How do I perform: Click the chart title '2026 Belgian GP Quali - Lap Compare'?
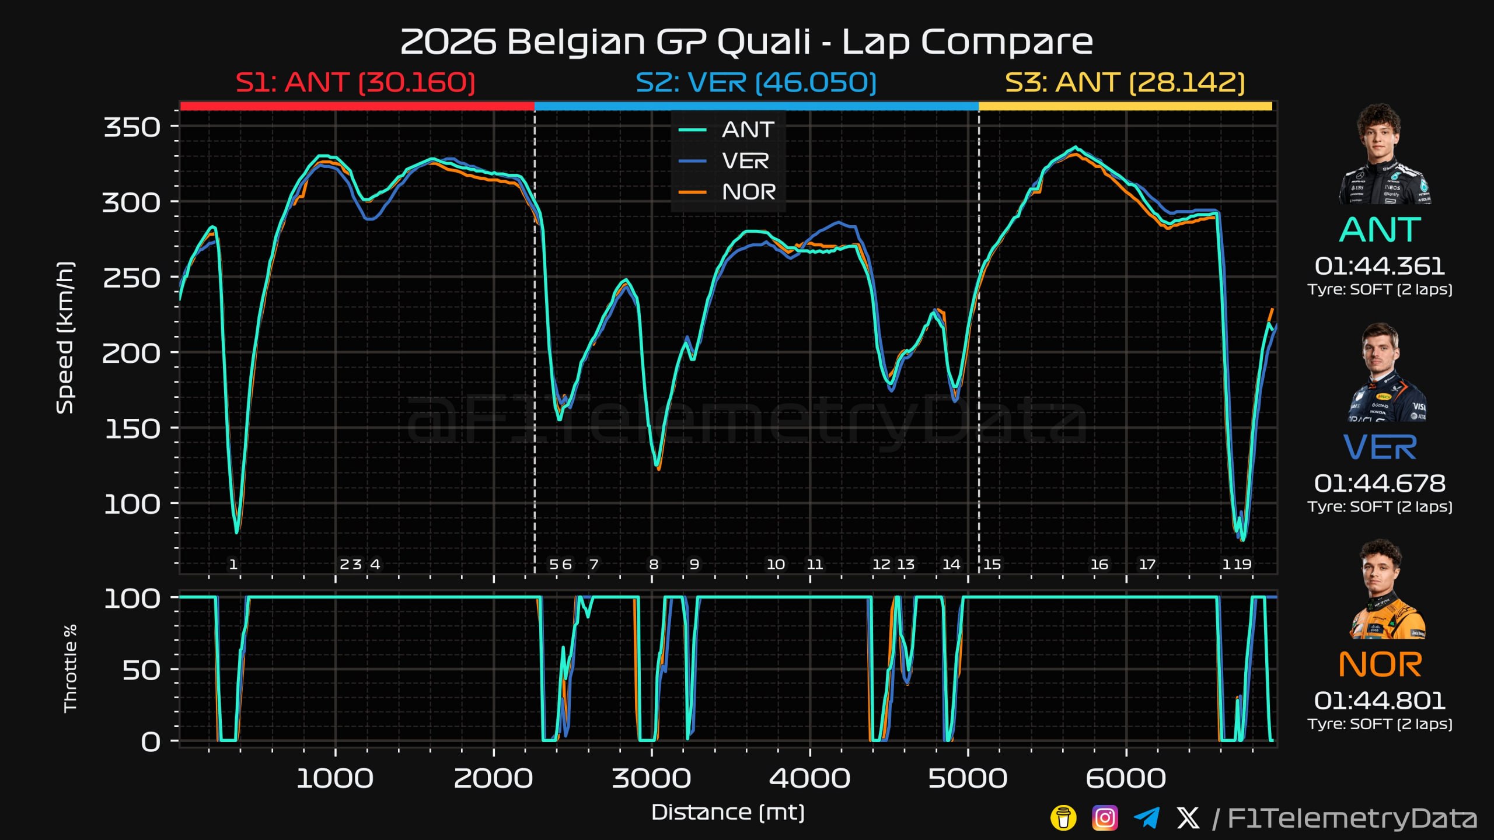point(746,41)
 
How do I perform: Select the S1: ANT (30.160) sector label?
point(355,82)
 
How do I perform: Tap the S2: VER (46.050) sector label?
point(756,82)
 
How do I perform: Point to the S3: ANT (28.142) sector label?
point(1125,82)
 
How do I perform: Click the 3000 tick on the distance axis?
point(651,778)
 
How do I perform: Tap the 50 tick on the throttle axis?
point(141,670)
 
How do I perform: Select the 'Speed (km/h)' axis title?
point(65,338)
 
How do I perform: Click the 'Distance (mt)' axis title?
point(728,813)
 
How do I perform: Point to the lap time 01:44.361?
point(1380,266)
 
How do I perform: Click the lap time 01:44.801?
point(1380,701)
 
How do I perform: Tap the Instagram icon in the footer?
point(1105,818)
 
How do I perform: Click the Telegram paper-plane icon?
point(1146,818)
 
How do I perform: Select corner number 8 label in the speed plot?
point(654,564)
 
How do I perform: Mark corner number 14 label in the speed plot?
point(951,564)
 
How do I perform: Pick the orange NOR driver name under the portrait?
point(1380,664)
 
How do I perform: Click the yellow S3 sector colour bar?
point(1125,106)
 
